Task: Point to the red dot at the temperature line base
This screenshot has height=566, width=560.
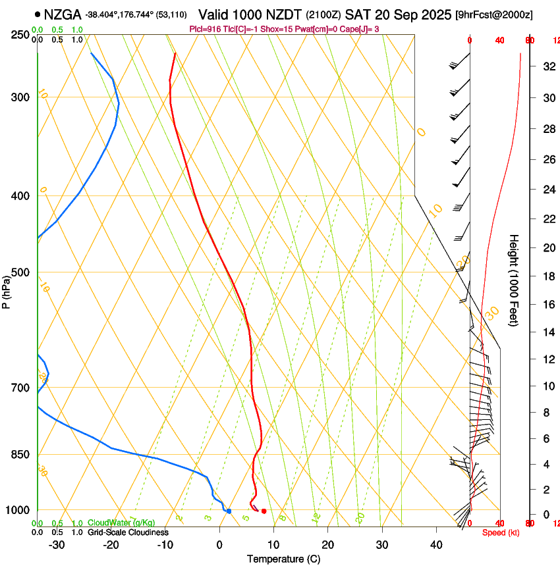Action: point(264,511)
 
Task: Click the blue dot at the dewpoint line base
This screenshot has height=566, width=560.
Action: point(229,511)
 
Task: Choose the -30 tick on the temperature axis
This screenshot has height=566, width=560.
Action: point(57,545)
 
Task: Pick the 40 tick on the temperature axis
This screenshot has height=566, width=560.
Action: point(435,545)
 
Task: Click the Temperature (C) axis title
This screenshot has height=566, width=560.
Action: point(283,559)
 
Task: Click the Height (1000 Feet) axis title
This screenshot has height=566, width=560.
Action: point(515,280)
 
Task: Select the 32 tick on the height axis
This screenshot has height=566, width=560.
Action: point(547,66)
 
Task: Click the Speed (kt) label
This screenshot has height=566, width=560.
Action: point(501,532)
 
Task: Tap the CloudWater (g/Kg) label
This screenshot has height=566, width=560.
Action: point(121,523)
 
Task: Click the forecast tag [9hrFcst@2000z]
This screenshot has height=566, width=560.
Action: point(494,14)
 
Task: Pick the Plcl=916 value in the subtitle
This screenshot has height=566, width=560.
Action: point(204,29)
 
